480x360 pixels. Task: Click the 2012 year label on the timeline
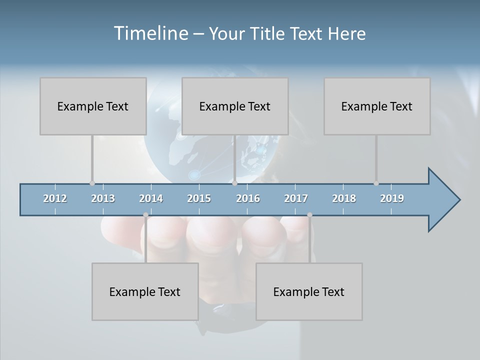point(55,198)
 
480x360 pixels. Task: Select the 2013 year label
point(103,198)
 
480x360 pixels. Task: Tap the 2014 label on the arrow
point(151,198)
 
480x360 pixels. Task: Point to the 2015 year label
point(199,198)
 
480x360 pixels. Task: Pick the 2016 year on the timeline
point(248,198)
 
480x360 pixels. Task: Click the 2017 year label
point(296,198)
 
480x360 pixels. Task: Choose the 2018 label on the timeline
point(344,198)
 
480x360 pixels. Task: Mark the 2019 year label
point(392,198)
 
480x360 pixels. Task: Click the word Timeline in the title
point(150,33)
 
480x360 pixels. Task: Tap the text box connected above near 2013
point(93,106)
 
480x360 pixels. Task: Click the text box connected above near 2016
point(235,106)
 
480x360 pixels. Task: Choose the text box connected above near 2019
point(377,106)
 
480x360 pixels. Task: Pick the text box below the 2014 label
point(145,291)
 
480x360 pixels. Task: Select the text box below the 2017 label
point(309,291)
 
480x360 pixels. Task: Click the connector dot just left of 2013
point(92,183)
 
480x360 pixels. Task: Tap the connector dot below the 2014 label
point(146,215)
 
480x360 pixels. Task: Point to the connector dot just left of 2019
point(376,183)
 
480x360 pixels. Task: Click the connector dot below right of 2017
point(310,215)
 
